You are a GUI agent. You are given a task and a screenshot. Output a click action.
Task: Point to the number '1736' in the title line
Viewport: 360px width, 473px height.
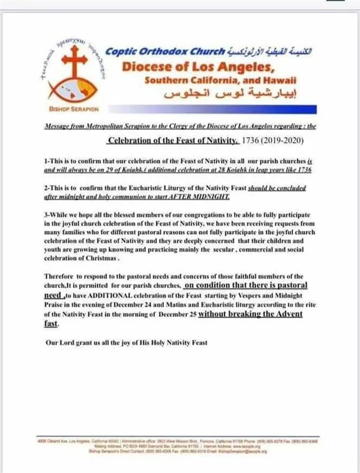point(252,141)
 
